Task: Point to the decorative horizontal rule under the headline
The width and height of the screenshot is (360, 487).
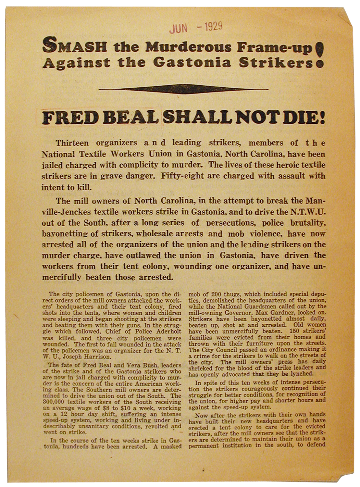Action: [x=183, y=89]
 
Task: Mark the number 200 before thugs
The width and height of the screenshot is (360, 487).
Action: [x=214, y=294]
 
